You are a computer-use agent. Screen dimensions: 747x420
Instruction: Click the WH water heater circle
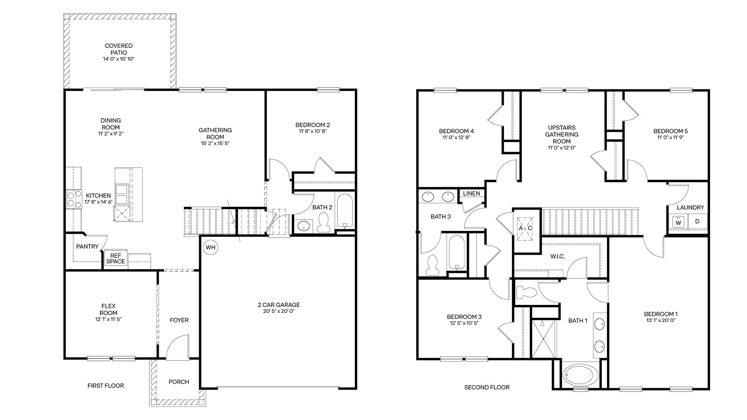click(210, 247)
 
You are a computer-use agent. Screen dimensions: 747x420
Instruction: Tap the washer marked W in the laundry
click(679, 222)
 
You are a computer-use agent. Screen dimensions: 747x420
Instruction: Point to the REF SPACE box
click(116, 258)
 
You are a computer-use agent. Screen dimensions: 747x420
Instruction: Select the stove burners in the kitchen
click(72, 199)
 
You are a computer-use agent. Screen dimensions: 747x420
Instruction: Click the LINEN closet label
click(472, 193)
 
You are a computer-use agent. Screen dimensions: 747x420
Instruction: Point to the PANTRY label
click(87, 247)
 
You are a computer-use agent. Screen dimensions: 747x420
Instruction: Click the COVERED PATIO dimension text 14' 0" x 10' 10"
click(119, 59)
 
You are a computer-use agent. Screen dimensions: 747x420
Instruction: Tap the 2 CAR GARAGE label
click(278, 305)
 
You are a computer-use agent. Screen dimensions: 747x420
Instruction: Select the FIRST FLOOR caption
click(105, 386)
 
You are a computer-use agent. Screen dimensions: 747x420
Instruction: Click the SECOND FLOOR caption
click(487, 387)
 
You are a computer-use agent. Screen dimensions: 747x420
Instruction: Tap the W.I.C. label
click(558, 257)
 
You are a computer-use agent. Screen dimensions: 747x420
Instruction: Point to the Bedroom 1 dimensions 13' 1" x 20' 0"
click(661, 320)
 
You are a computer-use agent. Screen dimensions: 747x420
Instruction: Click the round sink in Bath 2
click(304, 226)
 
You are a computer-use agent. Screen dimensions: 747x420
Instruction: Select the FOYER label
click(179, 320)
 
